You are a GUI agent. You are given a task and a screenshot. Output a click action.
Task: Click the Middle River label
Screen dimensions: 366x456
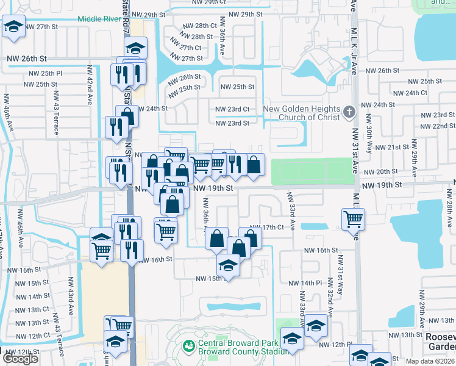(x=99, y=19)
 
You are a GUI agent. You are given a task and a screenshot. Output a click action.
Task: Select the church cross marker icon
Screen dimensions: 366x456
(x=349, y=112)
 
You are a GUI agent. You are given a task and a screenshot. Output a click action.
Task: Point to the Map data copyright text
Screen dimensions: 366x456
(x=429, y=361)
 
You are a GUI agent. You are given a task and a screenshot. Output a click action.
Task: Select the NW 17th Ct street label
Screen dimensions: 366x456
(x=266, y=227)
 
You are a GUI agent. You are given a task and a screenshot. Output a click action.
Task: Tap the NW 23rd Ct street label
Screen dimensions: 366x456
(x=232, y=109)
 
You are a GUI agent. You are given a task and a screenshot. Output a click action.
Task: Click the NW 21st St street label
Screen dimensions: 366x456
(x=391, y=148)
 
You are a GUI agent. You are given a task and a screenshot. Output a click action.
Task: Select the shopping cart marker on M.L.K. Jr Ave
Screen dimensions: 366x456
(x=354, y=218)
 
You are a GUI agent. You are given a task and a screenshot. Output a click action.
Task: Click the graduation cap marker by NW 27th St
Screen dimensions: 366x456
(x=13, y=27)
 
